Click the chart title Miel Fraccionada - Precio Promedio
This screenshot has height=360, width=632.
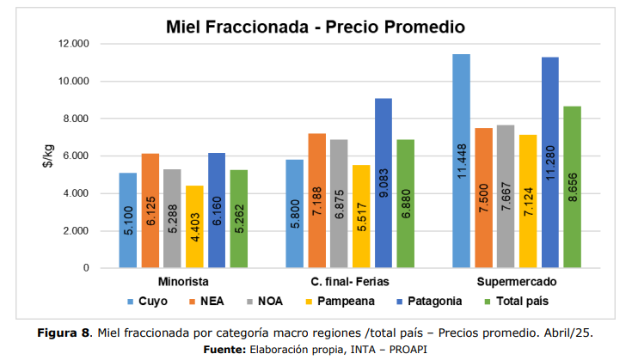[x=316, y=27]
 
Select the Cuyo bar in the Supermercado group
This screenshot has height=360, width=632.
[x=461, y=162]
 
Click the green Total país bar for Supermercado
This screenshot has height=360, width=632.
[x=571, y=187]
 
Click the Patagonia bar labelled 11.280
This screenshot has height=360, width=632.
[x=549, y=162]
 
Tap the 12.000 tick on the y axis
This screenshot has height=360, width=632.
[x=73, y=44]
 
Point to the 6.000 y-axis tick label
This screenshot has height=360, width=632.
[x=76, y=156]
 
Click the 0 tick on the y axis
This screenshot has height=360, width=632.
[x=86, y=269]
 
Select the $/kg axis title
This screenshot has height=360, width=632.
[x=49, y=156]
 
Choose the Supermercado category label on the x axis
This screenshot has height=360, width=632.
[x=516, y=282]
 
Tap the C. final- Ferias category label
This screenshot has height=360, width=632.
[x=349, y=282]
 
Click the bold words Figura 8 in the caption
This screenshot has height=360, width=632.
[x=64, y=333]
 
